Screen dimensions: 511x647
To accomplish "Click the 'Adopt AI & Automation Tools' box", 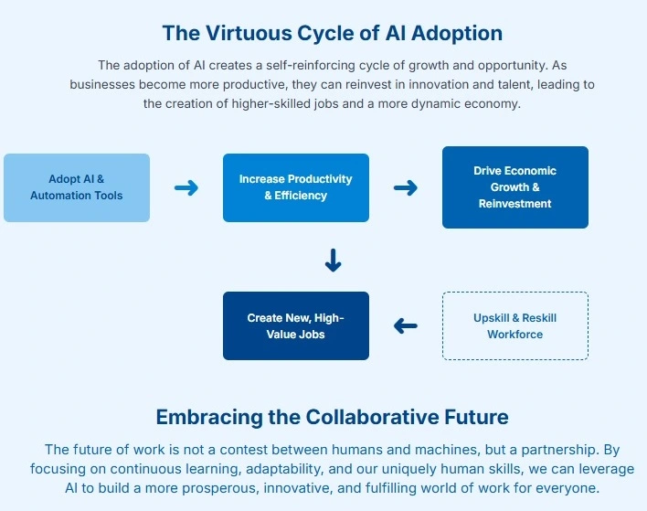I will point(77,187).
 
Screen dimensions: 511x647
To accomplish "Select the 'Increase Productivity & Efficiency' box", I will point(296,187).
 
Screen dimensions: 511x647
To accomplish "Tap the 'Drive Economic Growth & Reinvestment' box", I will point(515,187).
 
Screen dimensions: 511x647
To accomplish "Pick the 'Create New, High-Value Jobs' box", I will point(296,325).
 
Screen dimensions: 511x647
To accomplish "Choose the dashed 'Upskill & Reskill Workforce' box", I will point(515,325).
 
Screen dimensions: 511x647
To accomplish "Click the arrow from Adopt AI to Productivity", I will point(186,187).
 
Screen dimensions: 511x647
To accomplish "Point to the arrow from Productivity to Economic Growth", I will point(406,187).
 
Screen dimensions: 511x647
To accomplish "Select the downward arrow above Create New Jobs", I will point(333,261).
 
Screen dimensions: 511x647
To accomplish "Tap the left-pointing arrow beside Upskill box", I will point(406,325).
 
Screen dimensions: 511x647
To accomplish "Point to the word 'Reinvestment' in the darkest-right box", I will point(515,204).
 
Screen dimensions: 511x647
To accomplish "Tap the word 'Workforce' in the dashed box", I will point(515,335).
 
